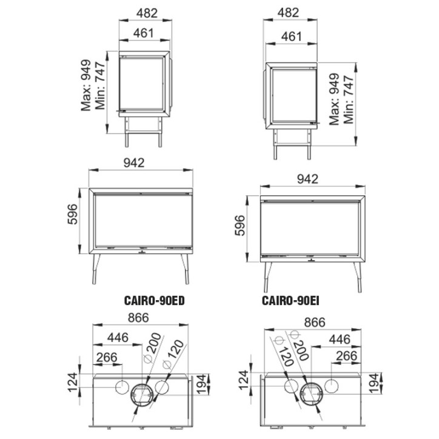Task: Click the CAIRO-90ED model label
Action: click(154, 301)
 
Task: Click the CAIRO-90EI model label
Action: click(290, 301)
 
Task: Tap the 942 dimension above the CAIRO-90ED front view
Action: click(134, 163)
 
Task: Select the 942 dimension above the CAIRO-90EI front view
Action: click(307, 179)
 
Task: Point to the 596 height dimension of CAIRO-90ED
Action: click(72, 214)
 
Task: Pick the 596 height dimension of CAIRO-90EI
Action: click(240, 226)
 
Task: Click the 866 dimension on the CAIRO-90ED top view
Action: click(138, 318)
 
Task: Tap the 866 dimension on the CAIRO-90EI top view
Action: click(315, 322)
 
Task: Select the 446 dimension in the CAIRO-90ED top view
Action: click(118, 337)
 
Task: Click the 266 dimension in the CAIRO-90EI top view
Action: click(347, 356)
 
